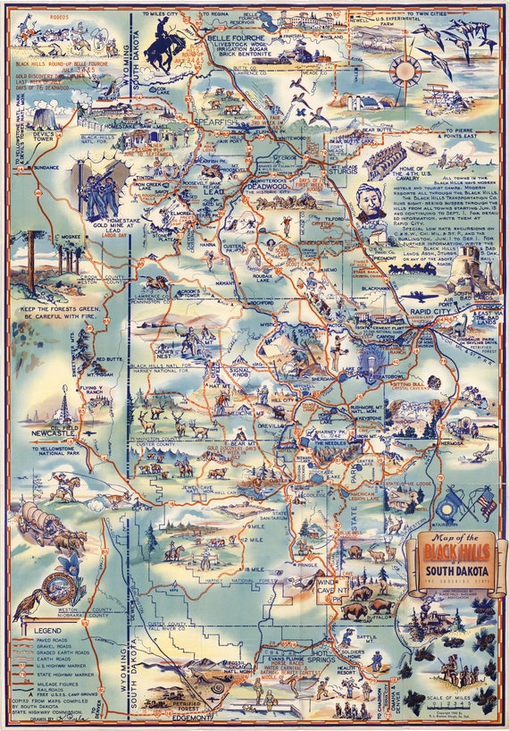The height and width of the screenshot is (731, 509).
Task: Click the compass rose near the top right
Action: point(405,69)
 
